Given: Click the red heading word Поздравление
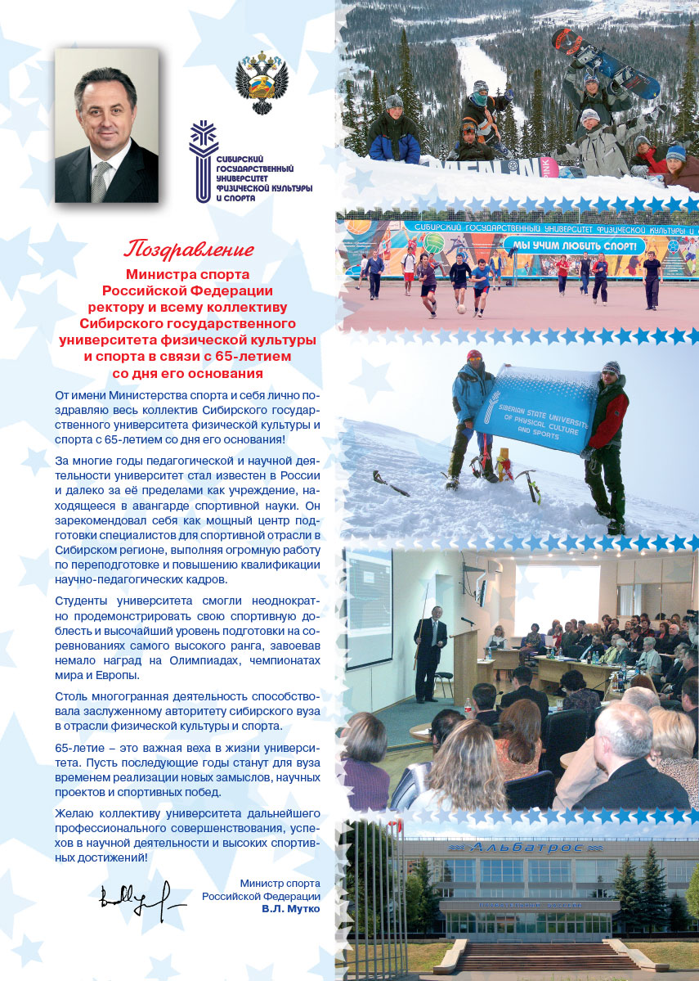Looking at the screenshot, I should (189, 247).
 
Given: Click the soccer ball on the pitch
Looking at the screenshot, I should (462, 309).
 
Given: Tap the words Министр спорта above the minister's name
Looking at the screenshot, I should (280, 883).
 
